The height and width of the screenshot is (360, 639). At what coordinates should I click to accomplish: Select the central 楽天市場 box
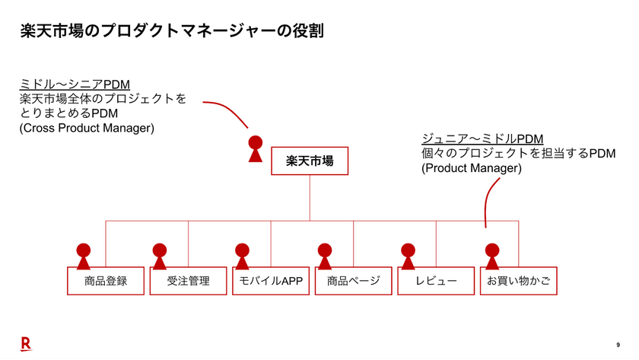pyautogui.click(x=310, y=161)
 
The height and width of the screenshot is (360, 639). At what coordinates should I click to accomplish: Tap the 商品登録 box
pyautogui.click(x=106, y=281)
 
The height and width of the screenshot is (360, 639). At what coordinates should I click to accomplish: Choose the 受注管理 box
pyautogui.click(x=189, y=281)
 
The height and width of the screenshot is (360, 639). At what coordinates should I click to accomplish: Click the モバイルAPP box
pyautogui.click(x=271, y=281)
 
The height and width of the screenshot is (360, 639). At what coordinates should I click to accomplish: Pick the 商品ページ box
pyautogui.click(x=354, y=281)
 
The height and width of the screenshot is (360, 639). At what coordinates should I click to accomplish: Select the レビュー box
pyautogui.click(x=436, y=281)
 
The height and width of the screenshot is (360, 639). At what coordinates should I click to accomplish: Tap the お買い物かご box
pyautogui.click(x=519, y=281)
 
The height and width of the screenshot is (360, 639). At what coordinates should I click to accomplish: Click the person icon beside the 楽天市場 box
pyautogui.click(x=256, y=149)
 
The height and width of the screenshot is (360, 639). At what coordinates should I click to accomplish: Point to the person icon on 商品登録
pyautogui.click(x=84, y=256)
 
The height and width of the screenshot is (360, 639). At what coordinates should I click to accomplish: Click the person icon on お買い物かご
pyautogui.click(x=492, y=256)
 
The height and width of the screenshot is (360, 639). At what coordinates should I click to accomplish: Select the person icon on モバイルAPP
pyautogui.click(x=242, y=256)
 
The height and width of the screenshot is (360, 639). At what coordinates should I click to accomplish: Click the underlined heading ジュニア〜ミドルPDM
pyautogui.click(x=482, y=139)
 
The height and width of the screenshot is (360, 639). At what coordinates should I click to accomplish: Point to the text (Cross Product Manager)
pyautogui.click(x=87, y=128)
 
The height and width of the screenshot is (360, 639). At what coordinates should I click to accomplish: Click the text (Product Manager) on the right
pyautogui.click(x=472, y=168)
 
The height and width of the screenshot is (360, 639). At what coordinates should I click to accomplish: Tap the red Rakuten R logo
pyautogui.click(x=25, y=344)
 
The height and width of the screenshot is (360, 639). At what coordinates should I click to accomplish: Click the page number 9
pyautogui.click(x=618, y=345)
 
